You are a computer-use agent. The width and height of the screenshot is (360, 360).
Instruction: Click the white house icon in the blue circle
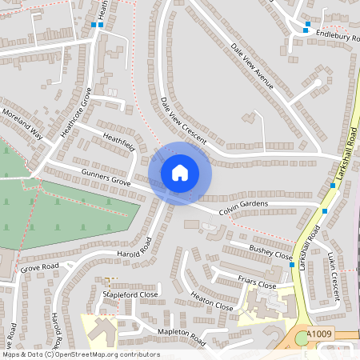coord(180,172)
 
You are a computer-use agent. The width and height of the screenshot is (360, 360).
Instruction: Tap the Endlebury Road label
coord(328,35)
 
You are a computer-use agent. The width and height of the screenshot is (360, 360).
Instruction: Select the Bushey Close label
coord(270,253)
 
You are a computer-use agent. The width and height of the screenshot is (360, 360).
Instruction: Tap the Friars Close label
coord(257,281)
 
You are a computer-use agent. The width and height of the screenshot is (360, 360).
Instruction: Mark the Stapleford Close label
coord(130,294)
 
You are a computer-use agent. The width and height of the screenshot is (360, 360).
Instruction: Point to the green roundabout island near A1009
coord(302,339)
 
